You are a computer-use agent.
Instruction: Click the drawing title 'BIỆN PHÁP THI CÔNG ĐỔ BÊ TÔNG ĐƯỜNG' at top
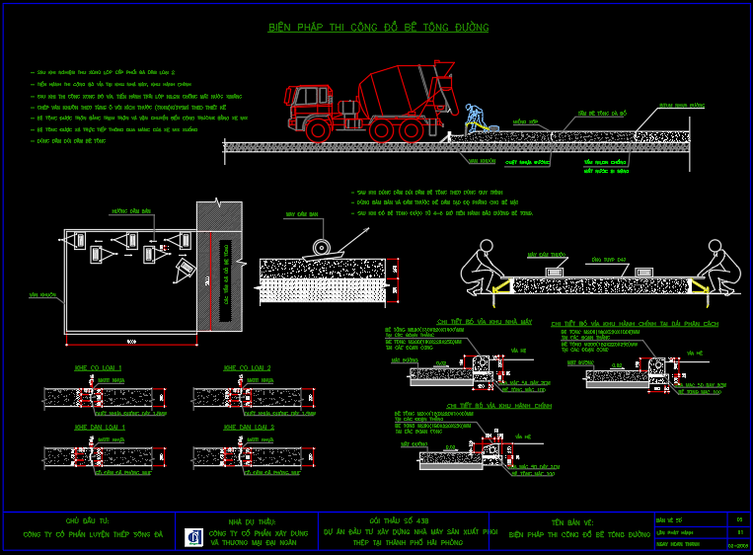coord(378,28)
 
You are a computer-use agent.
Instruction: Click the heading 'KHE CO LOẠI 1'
coord(92,368)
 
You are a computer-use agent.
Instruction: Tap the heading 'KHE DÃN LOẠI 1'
coord(92,427)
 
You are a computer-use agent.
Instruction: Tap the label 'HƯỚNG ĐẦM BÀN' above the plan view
coord(131,211)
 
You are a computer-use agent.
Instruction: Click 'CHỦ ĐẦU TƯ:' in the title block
coord(88,519)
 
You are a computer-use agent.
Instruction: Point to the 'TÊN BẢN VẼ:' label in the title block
coord(573,520)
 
